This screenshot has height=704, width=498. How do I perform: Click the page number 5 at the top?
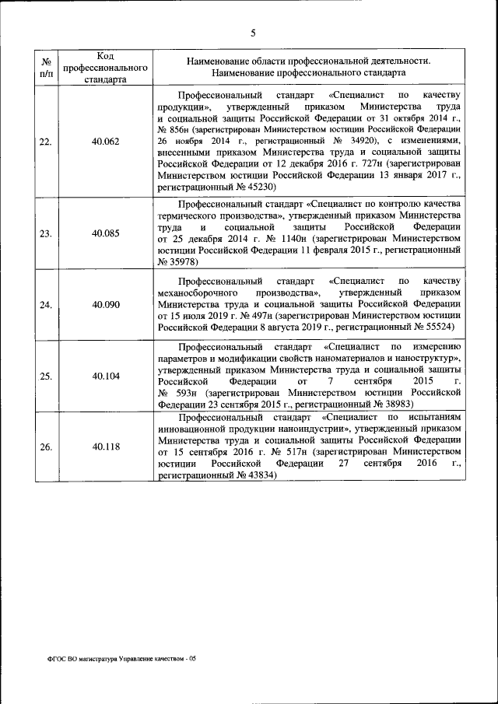coord(253,33)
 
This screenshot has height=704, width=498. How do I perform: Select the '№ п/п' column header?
coord(46,67)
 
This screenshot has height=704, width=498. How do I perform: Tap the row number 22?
coord(46,142)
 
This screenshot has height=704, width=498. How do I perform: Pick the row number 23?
coord(46,233)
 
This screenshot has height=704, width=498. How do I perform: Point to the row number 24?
coord(46,304)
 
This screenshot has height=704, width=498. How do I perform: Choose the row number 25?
coord(46,376)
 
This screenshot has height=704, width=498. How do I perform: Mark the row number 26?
coord(46,447)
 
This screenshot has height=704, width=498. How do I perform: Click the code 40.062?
coord(105,142)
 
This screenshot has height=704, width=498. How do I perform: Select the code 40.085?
coord(105,233)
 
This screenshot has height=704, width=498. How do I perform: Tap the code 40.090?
coord(105,304)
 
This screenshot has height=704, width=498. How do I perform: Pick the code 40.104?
coord(105,376)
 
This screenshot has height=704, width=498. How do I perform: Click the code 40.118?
coord(105,447)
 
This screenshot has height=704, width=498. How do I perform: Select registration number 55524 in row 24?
coord(446,328)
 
